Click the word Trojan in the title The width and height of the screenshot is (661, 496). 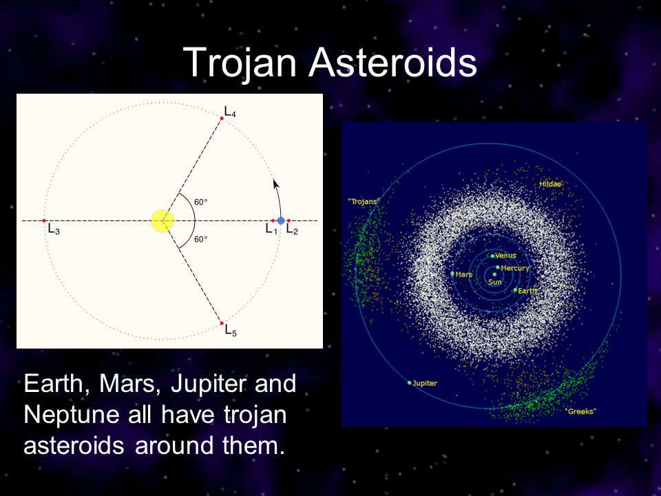point(240,63)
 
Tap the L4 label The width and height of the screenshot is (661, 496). point(230,112)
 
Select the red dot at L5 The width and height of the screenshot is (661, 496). point(222,324)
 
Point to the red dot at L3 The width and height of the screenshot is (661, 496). point(44,220)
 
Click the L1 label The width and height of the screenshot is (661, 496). point(271,229)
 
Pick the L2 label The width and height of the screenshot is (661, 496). point(292,229)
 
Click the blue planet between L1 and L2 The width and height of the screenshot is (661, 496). point(281,220)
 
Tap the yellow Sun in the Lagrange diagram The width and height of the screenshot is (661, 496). point(162,220)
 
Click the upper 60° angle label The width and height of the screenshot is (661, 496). point(200,202)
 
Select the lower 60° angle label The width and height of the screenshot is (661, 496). point(200,239)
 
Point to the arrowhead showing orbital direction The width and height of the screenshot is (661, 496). point(275,184)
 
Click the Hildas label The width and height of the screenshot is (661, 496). point(550,184)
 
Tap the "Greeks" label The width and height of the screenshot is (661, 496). point(580,411)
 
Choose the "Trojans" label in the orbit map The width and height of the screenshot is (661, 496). point(364,201)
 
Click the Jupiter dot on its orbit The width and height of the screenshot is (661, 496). point(409,383)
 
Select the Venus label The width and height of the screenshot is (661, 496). point(505,255)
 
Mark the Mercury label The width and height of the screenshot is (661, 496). point(515,268)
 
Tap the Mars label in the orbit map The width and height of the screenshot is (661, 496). point(463,274)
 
